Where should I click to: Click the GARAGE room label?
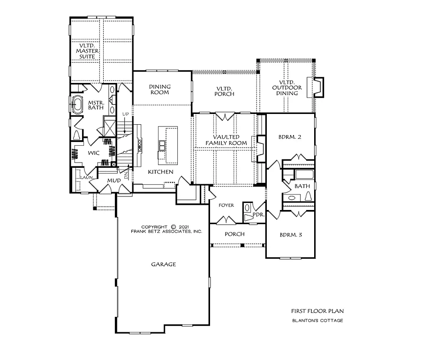[x=163, y=264]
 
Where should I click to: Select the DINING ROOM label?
[x=160, y=90]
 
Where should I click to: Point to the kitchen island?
[x=167, y=144]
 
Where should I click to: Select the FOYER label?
[x=226, y=205]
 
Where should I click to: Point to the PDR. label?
[x=258, y=215]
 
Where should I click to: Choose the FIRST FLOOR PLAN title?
[x=317, y=311]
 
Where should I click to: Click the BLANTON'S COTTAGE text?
[x=317, y=321]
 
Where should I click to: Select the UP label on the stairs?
[x=125, y=114]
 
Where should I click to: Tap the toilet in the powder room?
[x=248, y=216]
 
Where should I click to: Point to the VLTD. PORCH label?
[x=225, y=91]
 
